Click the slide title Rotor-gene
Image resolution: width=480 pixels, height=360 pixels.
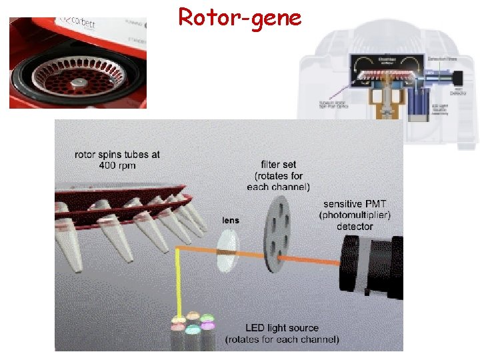coord(239,17)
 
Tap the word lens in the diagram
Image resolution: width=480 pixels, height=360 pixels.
coord(231,220)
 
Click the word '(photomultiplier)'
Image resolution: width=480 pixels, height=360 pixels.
coord(355,215)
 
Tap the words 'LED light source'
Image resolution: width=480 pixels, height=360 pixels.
coord(281,328)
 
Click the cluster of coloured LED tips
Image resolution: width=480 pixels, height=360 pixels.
coord(193,324)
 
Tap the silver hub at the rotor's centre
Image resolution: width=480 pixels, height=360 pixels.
coord(79,82)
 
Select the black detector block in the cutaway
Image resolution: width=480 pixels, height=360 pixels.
coord(458,79)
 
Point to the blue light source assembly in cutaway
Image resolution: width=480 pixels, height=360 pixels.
coord(419,107)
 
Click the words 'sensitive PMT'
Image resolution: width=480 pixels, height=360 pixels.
coord(355,204)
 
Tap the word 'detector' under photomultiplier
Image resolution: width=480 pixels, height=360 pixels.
coord(355,227)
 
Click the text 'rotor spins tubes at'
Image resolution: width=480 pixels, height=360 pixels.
coord(117,154)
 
